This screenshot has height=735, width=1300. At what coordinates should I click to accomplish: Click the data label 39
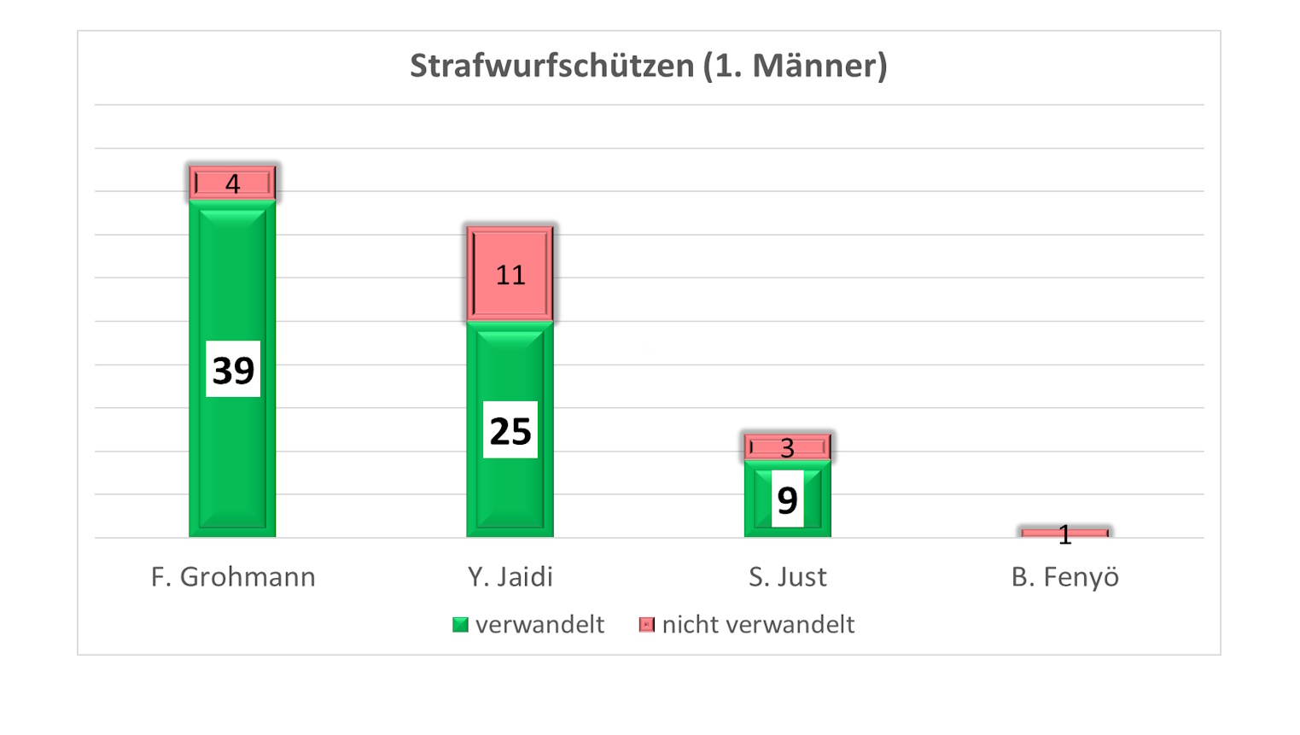click(232, 370)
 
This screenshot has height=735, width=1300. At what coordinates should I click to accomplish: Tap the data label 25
click(510, 430)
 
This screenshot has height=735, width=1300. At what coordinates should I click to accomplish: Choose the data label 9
click(787, 499)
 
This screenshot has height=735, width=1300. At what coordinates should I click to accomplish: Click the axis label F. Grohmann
click(232, 577)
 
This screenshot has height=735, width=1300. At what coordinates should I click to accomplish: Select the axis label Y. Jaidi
click(510, 577)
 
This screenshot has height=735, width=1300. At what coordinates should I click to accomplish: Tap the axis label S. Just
click(787, 577)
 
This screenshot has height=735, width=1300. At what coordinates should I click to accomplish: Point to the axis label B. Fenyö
click(1064, 577)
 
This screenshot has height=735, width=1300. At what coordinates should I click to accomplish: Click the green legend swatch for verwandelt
click(460, 625)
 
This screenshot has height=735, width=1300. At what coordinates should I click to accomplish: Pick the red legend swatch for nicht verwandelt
click(646, 625)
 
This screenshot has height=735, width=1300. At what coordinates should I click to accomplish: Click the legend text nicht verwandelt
click(758, 625)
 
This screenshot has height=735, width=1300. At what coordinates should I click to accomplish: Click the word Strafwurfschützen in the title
click(551, 66)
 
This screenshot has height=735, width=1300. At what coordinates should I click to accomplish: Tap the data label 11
click(510, 275)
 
